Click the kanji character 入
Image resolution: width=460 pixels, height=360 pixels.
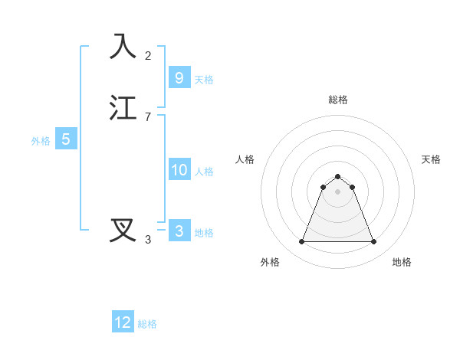pos(123,47)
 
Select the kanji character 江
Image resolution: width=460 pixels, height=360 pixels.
pos(123,108)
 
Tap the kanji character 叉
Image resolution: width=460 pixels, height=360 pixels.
pos(123,230)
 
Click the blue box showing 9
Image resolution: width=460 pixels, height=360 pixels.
pos(179,77)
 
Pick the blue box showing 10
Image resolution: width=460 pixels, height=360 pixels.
pos(179,170)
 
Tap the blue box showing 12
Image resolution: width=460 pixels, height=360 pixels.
pos(123,322)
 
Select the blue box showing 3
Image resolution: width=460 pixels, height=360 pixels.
pos(179,231)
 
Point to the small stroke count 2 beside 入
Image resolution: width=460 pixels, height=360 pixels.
pos(148,56)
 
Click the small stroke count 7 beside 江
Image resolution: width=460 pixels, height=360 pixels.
pos(148,117)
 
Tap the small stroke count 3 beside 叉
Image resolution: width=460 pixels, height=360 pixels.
pos(148,240)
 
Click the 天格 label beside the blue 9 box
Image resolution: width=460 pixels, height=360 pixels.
pos(204,79)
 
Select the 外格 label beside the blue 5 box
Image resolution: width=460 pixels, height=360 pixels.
pos(41,141)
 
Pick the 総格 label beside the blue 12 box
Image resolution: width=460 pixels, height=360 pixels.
pos(147,324)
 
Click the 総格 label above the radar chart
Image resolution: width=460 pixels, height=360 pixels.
pos(338,100)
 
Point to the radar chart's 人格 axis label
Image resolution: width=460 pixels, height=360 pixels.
pos(245,159)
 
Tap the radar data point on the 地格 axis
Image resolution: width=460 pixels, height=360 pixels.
pos(374,242)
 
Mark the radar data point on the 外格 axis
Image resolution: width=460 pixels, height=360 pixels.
pos(301,242)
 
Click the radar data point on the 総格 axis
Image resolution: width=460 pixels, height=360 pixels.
pos(337,175)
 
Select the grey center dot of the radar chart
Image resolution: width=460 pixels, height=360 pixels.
pos(337,191)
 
